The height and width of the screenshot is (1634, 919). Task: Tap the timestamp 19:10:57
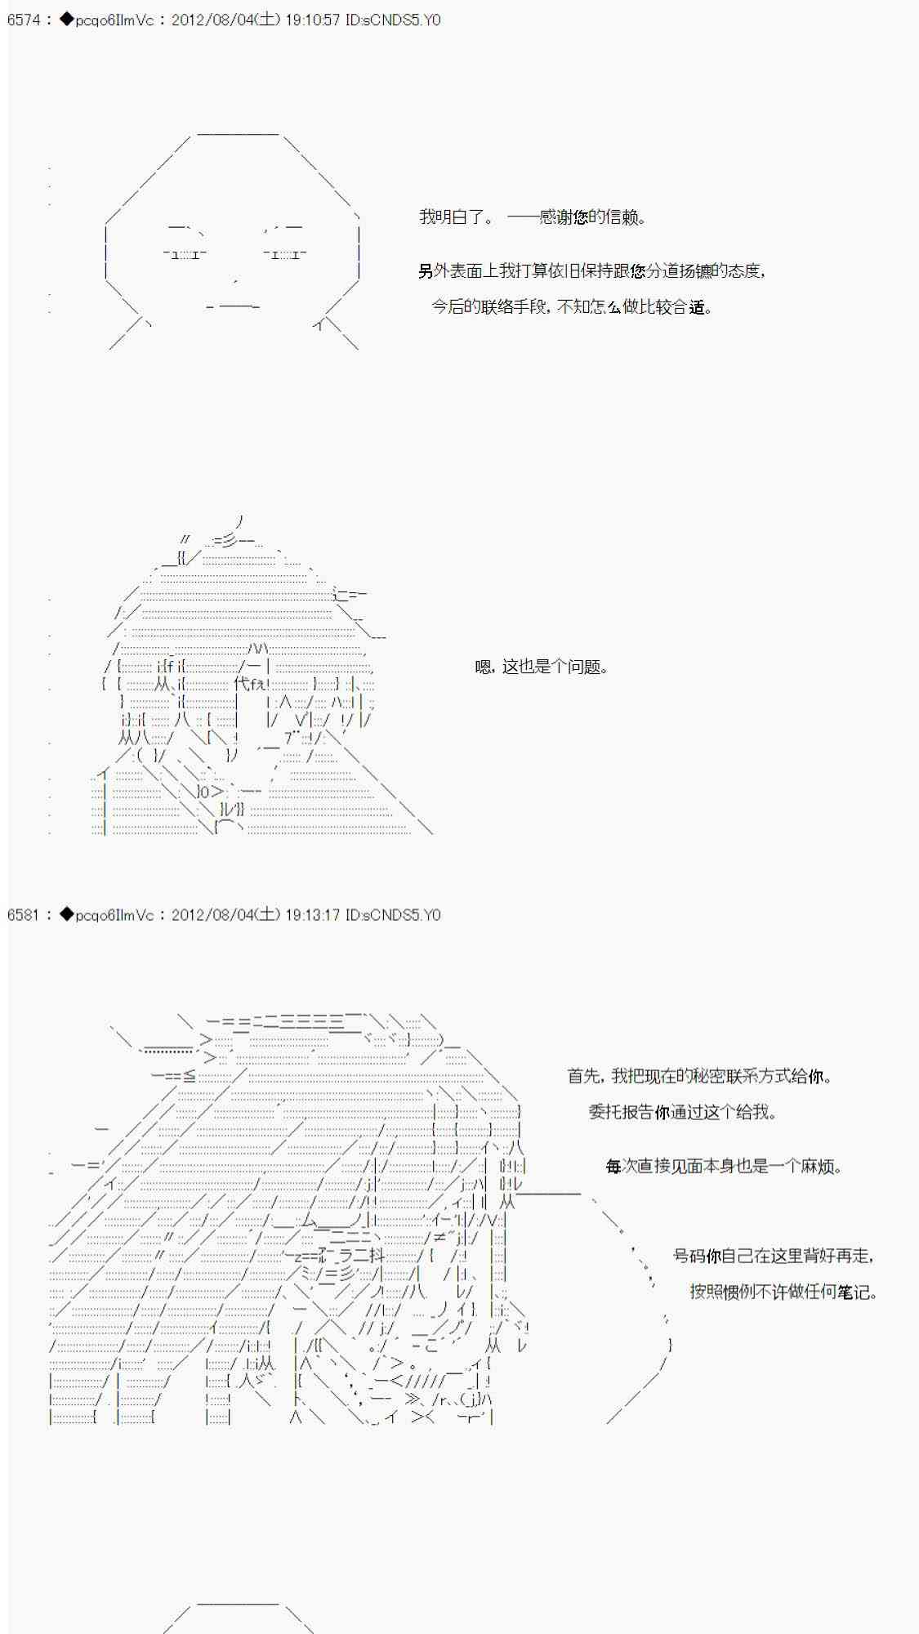[x=313, y=20]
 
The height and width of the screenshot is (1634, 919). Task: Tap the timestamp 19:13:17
[x=313, y=915]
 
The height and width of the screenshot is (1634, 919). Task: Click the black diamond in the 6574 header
[x=66, y=20]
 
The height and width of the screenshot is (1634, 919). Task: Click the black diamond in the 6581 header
[x=66, y=915]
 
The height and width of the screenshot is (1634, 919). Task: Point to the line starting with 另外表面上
[x=591, y=271]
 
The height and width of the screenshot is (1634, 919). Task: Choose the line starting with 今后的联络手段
[x=572, y=307]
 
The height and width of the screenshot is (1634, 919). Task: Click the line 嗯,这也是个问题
[x=542, y=667]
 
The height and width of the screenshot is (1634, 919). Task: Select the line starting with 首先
[x=700, y=1076]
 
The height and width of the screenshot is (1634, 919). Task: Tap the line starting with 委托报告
[x=683, y=1112]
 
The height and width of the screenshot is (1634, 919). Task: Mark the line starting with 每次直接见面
[x=724, y=1167]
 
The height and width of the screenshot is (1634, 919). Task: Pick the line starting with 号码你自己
[x=774, y=1256]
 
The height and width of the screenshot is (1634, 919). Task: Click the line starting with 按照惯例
[x=783, y=1292]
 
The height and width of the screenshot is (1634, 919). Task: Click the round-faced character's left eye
[x=185, y=254]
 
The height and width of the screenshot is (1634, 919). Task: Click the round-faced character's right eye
[x=285, y=254]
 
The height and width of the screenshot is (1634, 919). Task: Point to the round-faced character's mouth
[x=234, y=306]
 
